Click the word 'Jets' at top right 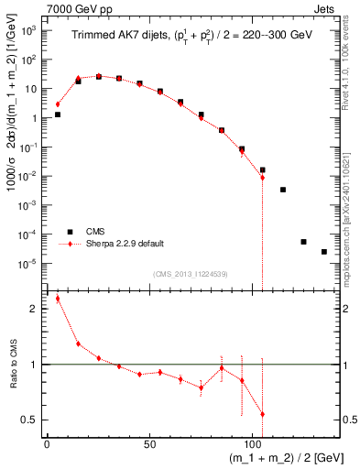pyautogui.click(x=324, y=8)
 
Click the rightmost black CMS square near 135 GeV pyautogui.click(x=323, y=252)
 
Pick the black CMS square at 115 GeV pyautogui.click(x=283, y=190)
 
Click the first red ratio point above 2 pyautogui.click(x=58, y=299)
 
